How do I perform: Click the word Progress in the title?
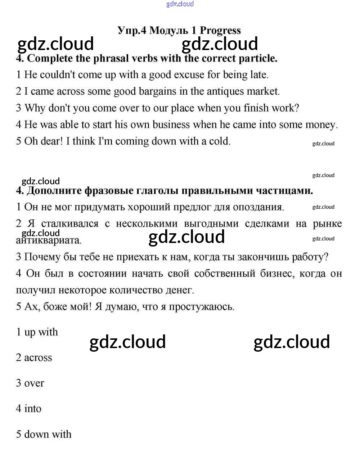point(220,31)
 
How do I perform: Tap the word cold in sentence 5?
point(220,141)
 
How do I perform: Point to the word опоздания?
point(258,207)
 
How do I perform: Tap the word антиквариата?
point(49,240)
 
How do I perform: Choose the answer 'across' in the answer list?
point(38,358)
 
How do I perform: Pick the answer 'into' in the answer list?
point(33,409)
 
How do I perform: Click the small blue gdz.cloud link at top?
point(180,4)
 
